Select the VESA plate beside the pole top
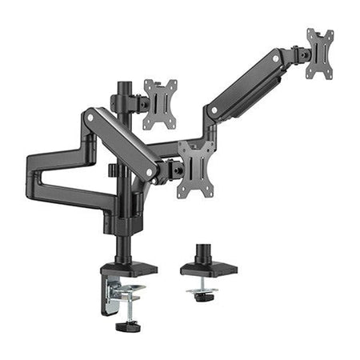[160, 103]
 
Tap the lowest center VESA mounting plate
[196, 166]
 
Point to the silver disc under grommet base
[204, 290]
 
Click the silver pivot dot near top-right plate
[278, 59]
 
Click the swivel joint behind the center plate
[170, 167]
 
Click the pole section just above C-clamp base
[125, 244]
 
